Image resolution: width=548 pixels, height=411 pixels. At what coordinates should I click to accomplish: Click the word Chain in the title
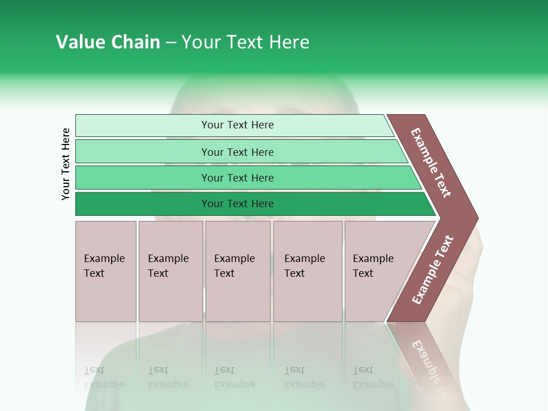tap(135, 42)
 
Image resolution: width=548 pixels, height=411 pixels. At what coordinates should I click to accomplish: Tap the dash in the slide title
tap(171, 43)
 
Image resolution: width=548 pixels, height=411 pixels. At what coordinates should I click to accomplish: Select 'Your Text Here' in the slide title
tap(245, 42)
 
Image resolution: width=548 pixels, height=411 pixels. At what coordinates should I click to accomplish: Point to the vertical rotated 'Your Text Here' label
tap(66, 164)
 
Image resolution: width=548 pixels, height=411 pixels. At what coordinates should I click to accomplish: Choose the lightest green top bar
tap(237, 125)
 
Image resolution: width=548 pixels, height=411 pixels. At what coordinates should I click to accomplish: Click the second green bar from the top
tap(237, 152)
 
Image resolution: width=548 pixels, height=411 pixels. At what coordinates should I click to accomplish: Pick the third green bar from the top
tap(237, 178)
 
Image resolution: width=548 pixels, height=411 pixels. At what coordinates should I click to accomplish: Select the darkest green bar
tap(237, 204)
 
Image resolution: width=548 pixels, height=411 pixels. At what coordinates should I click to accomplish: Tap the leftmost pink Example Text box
tap(106, 271)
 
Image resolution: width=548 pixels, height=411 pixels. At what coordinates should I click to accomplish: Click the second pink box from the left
tap(171, 271)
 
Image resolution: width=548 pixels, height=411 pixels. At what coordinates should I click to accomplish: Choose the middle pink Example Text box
tap(237, 271)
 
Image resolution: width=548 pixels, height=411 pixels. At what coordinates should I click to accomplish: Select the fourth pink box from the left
tap(308, 271)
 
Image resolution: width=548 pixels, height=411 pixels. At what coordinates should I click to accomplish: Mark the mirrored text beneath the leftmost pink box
tap(104, 377)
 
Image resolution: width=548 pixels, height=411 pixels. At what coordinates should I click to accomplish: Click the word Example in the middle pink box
tap(234, 259)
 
